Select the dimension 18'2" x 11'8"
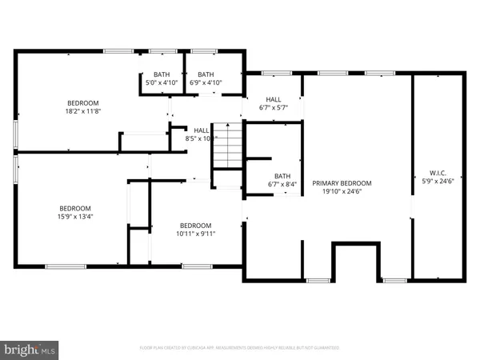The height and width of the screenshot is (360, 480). tap(82, 112)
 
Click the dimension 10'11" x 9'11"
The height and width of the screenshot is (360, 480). tap(195, 234)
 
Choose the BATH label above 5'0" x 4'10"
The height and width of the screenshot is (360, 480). tap(162, 74)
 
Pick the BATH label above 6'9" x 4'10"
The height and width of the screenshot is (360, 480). tap(206, 74)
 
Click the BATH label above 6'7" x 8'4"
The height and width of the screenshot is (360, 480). tap(282, 177)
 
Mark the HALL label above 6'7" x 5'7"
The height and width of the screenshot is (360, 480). tap(273, 99)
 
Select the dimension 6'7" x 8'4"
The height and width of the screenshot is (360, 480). tap(282, 185)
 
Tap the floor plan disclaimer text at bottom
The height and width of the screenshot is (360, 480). tap(239, 348)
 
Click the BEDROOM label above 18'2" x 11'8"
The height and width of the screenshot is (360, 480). tap(82, 103)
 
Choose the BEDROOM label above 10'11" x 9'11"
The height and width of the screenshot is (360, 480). tap(195, 225)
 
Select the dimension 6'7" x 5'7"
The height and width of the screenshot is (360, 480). tap(273, 107)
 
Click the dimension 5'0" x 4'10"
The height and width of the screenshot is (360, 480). tap(162, 82)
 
